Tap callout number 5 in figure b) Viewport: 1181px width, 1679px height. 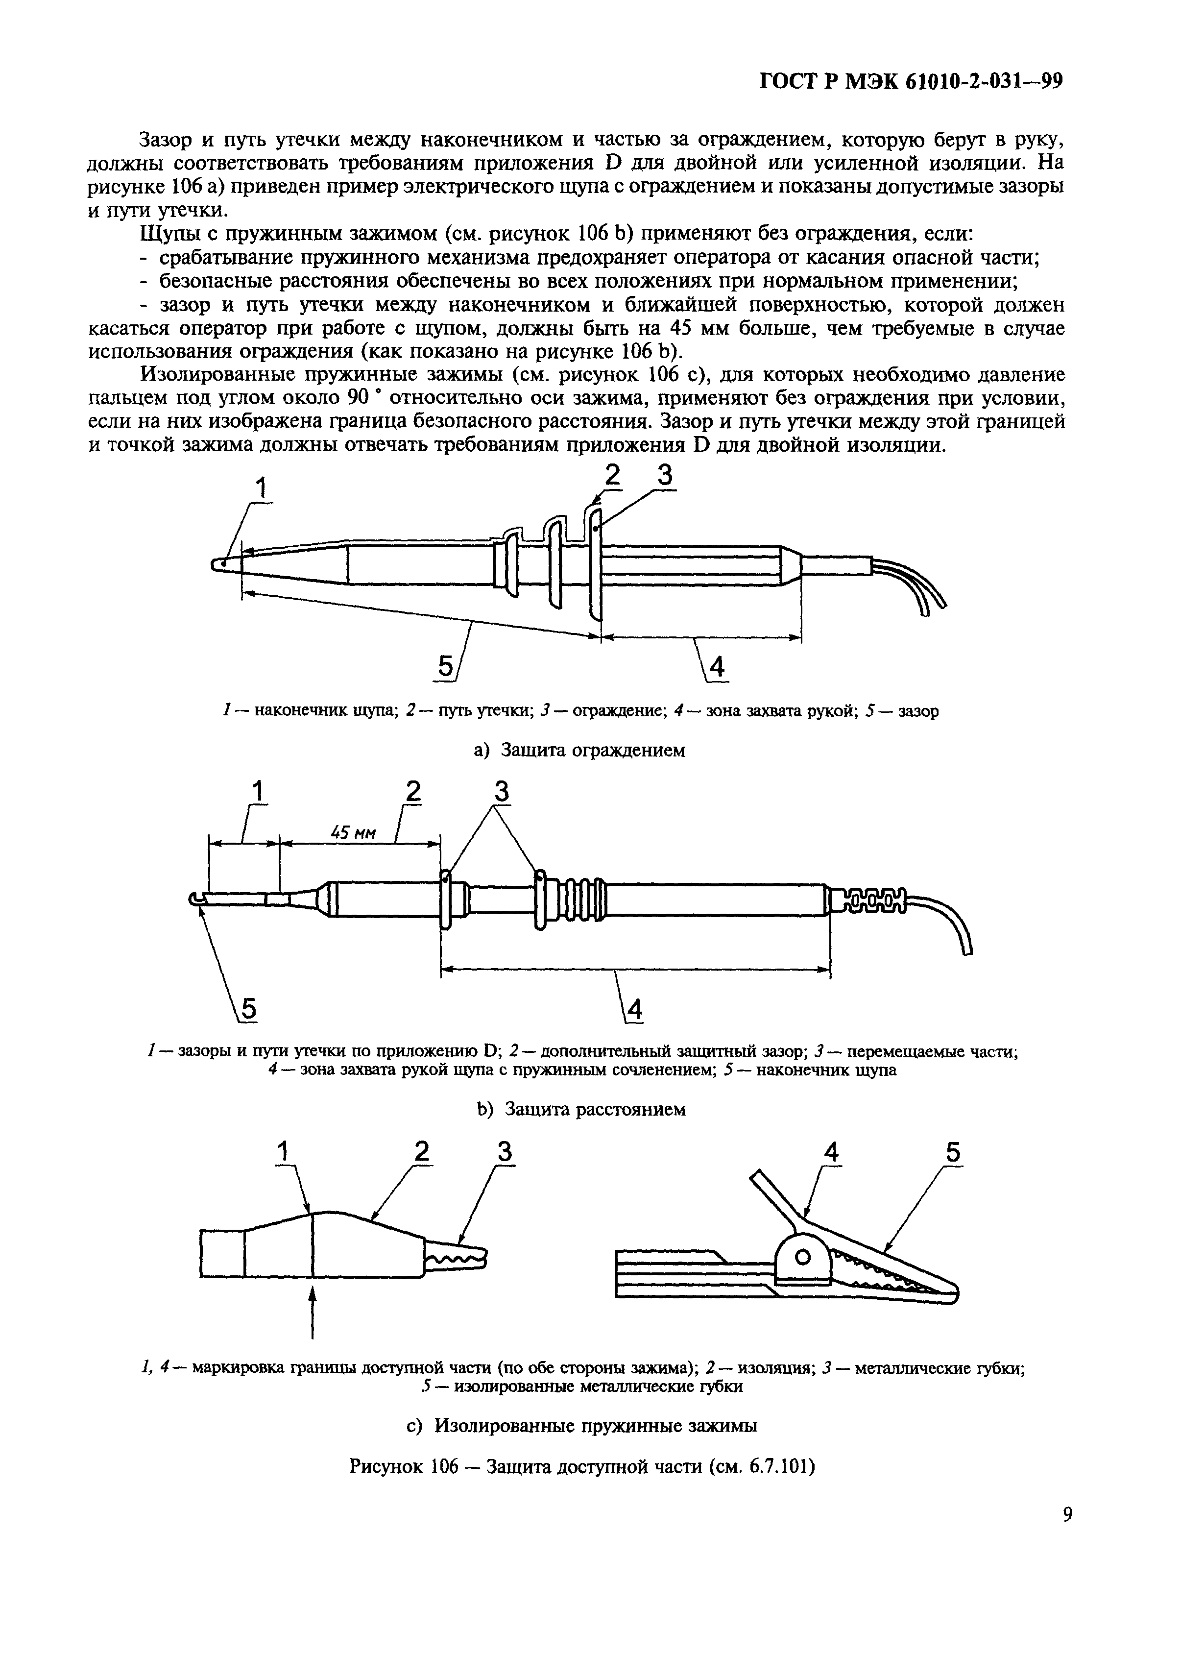[249, 1010]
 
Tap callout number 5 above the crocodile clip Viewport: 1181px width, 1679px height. [953, 1153]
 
